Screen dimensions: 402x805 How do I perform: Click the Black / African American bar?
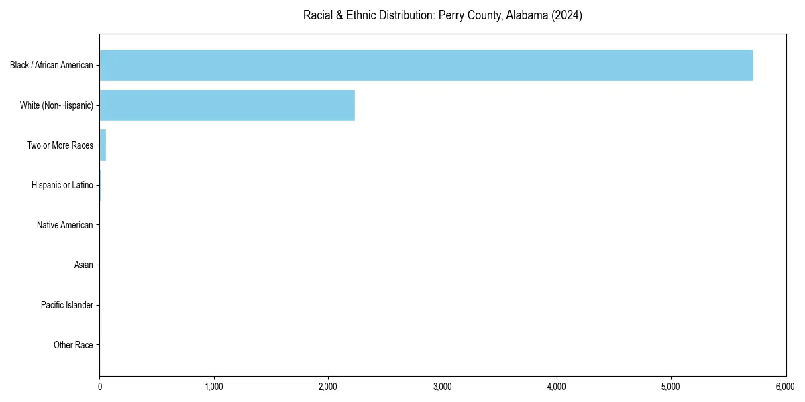tap(426, 65)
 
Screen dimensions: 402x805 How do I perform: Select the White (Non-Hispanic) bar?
tap(227, 105)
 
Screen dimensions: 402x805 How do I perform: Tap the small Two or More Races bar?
tap(103, 145)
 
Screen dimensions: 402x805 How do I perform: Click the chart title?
tap(442, 15)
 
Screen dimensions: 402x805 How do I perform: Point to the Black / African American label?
tap(52, 65)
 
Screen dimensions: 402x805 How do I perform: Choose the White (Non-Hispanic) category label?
tap(56, 105)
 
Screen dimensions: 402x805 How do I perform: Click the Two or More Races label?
tap(60, 145)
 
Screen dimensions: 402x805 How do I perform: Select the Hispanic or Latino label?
tap(62, 185)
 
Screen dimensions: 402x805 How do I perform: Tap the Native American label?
tap(65, 225)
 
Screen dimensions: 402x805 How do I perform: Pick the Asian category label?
tap(84, 265)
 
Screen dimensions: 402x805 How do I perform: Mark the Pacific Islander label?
tap(67, 306)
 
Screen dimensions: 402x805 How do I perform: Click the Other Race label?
tap(73, 346)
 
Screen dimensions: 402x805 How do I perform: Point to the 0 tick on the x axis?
tap(100, 387)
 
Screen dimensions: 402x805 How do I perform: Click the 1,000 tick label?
tap(214, 387)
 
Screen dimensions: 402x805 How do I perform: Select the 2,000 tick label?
tap(328, 387)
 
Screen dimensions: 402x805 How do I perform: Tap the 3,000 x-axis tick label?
tap(443, 387)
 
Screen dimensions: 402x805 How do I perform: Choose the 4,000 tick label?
tap(557, 387)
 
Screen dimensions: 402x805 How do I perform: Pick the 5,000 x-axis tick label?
tap(671, 387)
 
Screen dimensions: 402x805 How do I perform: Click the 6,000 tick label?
tap(785, 387)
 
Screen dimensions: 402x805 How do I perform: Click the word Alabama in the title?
tap(527, 15)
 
